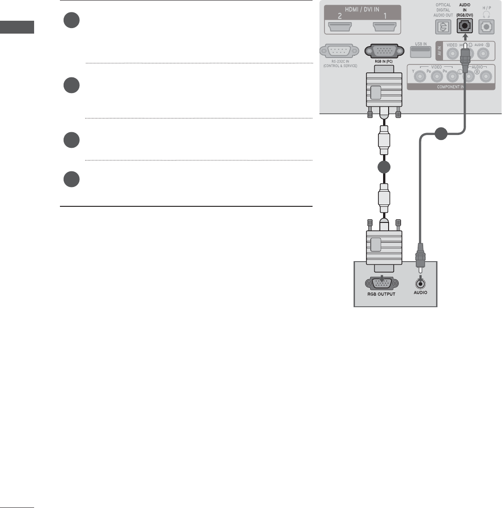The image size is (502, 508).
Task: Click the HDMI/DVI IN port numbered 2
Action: tap(343, 28)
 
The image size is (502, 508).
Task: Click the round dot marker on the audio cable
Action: tap(441, 134)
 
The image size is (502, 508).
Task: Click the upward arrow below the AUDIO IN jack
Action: tap(465, 36)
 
